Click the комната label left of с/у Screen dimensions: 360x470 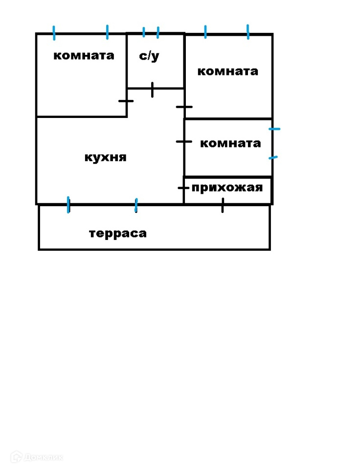(x=84, y=55)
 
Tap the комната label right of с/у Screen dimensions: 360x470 (x=227, y=71)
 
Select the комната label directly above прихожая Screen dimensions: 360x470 (x=230, y=143)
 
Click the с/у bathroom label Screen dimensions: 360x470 (x=149, y=56)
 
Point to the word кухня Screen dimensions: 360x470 (x=106, y=158)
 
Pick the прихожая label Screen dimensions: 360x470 (x=227, y=188)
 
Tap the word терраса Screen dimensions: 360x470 (x=118, y=233)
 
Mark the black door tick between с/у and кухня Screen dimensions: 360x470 (x=153, y=90)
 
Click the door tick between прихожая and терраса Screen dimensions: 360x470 (x=223, y=205)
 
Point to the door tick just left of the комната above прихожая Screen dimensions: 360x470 (x=184, y=142)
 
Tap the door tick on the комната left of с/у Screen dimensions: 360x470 (x=126, y=101)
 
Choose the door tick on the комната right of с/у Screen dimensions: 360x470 (x=184, y=107)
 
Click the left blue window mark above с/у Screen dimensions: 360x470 (x=144, y=32)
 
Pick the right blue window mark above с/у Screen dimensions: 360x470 (x=158, y=33)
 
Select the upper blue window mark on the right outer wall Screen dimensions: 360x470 (x=275, y=129)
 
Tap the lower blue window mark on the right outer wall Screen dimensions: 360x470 (x=273, y=158)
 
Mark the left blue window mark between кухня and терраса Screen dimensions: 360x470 (x=68, y=205)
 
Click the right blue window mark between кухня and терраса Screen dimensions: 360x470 (x=136, y=206)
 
